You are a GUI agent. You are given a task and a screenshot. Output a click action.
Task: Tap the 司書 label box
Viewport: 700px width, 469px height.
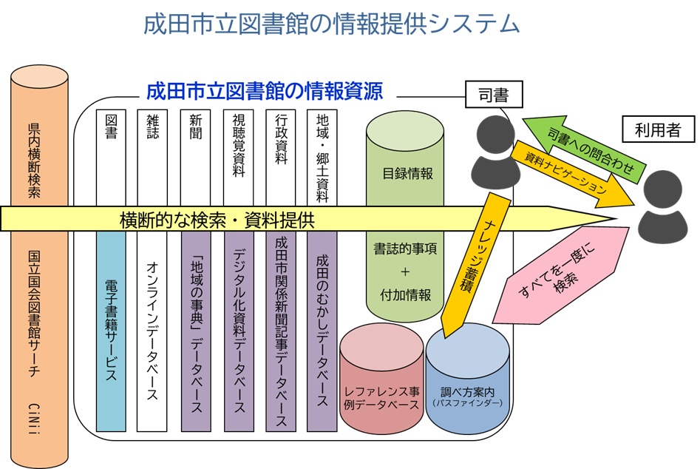pos(494,94)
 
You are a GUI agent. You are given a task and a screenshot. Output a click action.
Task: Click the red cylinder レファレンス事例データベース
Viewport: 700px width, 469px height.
pos(381,385)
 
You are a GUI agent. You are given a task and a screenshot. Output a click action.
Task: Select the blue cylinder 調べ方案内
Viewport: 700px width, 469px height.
pos(467,385)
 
